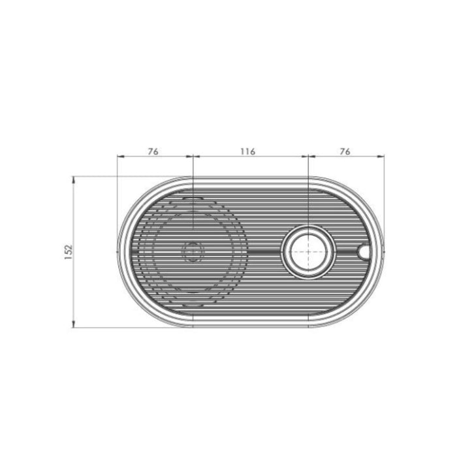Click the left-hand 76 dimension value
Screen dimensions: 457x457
tap(153, 151)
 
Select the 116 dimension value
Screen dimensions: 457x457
tap(247, 151)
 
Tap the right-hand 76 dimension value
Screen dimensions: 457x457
tap(345, 151)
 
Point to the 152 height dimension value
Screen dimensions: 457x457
tap(69, 251)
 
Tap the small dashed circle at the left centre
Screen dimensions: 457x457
tap(193, 251)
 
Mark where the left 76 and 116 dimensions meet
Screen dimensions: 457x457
tap(193, 157)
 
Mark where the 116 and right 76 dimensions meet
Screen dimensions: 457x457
tap(307, 157)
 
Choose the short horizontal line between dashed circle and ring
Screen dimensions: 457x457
tap(264, 251)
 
